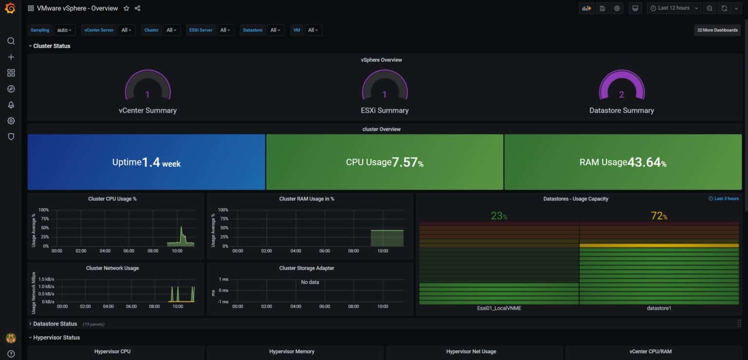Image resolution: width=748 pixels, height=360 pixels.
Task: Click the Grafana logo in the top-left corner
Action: [x=10, y=8]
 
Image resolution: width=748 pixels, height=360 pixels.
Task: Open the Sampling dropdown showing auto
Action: [x=64, y=30]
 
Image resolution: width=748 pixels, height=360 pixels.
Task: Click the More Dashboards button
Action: [x=717, y=30]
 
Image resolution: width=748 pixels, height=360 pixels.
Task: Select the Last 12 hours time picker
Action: [x=673, y=8]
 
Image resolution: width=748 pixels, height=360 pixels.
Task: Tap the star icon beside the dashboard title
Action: [x=126, y=8]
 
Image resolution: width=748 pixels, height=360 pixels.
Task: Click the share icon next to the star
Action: [x=137, y=8]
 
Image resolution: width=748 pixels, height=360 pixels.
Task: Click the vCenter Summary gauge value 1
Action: [x=148, y=95]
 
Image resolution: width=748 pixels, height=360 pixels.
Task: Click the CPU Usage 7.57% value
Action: [x=407, y=162]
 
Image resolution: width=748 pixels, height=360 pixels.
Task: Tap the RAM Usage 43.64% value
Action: [x=647, y=162]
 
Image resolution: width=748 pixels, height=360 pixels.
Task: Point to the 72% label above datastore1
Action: [x=659, y=216]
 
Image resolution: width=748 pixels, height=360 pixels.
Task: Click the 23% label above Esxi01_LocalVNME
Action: [x=499, y=216]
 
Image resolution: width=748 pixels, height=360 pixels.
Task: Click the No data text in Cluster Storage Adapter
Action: [x=310, y=282]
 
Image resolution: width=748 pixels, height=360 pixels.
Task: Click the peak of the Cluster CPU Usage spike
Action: [x=182, y=227]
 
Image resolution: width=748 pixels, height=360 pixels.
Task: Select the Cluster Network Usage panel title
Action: [x=112, y=268]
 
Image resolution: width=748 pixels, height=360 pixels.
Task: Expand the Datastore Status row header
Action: [x=55, y=324]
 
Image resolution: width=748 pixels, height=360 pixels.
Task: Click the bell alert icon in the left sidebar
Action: [x=11, y=105]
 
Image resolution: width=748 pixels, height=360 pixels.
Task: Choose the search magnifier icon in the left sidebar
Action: [x=11, y=41]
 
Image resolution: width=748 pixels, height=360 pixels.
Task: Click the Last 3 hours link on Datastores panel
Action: [x=724, y=199]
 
